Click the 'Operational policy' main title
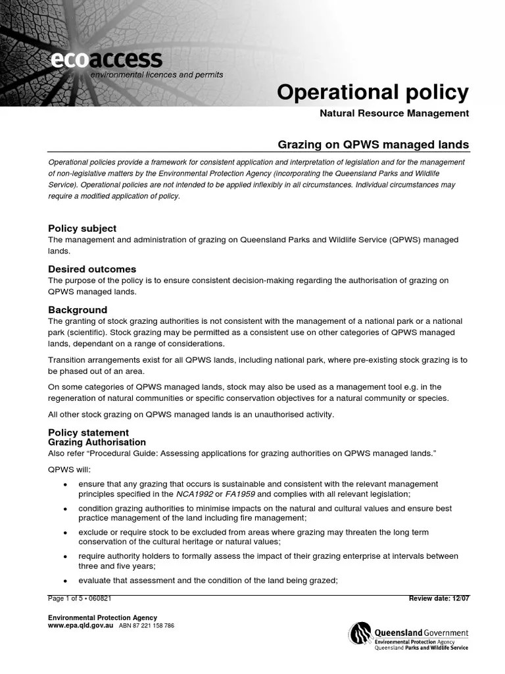click(373, 93)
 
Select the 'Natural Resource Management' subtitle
click(394, 113)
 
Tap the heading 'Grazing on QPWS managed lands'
click(373, 144)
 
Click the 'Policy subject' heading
click(82, 228)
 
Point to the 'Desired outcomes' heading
click(92, 269)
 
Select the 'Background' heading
click(78, 309)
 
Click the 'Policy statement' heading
click(89, 432)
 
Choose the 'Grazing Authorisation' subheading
click(97, 442)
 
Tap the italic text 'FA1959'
click(239, 494)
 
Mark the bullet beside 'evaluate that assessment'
click(64, 581)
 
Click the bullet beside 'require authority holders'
click(64, 557)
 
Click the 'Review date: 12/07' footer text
click(439, 598)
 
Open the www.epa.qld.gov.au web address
click(81, 626)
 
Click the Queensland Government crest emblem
click(360, 635)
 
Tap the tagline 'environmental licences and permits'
click(156, 75)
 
